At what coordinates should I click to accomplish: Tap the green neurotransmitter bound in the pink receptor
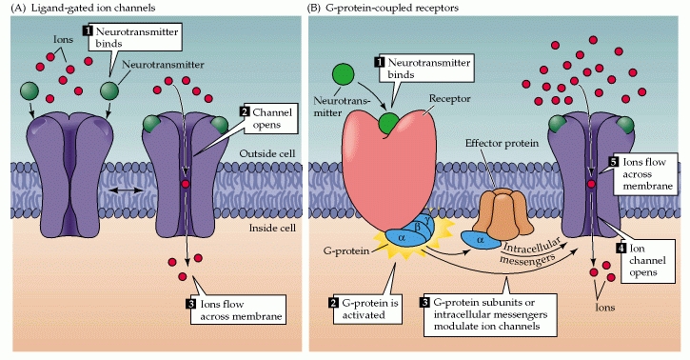[389, 123]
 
